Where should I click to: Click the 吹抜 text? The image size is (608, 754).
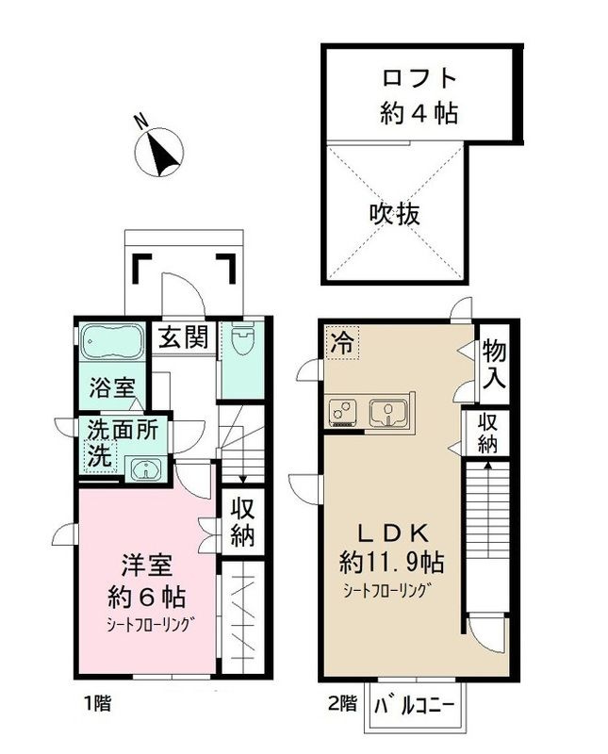394,214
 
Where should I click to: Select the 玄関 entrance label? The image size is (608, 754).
182,337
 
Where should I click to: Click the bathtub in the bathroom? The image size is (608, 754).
110,340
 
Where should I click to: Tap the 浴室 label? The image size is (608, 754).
112,387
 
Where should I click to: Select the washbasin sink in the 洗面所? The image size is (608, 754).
145,467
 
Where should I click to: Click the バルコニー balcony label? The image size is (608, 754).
416,705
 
